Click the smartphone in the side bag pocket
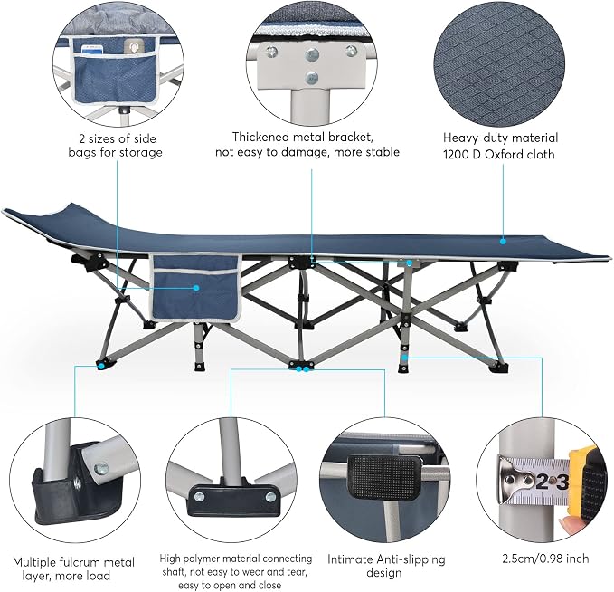92,50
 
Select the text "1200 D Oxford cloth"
498,155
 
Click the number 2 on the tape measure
542,482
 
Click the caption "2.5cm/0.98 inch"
545,559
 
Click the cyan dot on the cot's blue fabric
503,242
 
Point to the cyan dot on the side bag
196,288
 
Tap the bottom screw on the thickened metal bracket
311,78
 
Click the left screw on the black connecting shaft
199,496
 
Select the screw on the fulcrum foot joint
101,468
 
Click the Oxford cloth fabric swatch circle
499,62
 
